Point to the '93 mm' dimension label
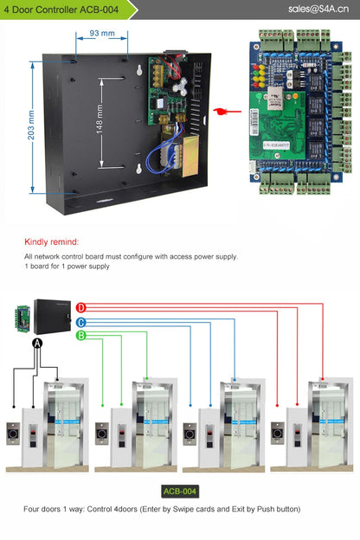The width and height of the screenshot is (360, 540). coord(102,34)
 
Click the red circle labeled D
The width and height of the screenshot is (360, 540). coord(80,307)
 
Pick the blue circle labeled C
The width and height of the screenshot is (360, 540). coord(80,321)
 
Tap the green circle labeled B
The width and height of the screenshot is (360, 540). coord(80,335)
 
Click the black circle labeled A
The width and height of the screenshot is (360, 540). coord(37,344)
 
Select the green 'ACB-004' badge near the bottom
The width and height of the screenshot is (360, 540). coord(180,491)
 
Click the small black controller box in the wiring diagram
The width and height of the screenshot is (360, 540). coord(53,312)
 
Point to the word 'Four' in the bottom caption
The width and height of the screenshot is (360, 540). coord(33,509)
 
